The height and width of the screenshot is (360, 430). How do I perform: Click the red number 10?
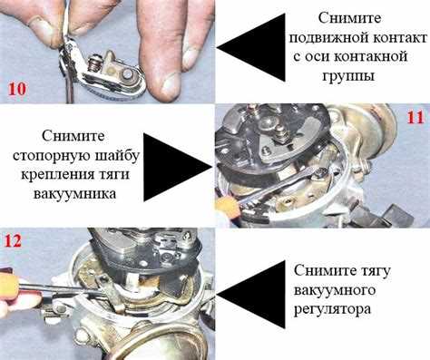(x=17, y=89)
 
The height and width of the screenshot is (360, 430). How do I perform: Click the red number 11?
(x=416, y=117)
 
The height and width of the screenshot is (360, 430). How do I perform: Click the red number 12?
(x=13, y=241)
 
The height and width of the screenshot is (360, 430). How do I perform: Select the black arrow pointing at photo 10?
(x=250, y=47)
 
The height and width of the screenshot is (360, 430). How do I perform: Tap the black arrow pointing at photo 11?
(x=178, y=167)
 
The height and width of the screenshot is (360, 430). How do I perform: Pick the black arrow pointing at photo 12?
(x=250, y=295)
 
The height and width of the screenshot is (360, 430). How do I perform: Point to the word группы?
(x=348, y=76)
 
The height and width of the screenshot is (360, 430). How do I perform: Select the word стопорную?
(x=52, y=157)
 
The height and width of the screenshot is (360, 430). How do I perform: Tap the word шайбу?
(x=118, y=155)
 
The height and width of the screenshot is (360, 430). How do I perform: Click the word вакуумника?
(x=74, y=194)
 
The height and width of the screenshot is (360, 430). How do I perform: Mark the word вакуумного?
(x=335, y=290)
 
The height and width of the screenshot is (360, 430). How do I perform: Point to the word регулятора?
(x=332, y=310)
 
